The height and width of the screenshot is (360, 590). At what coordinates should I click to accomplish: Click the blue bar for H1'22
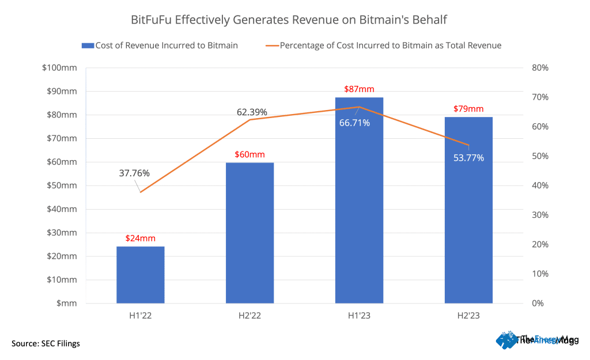(141, 275)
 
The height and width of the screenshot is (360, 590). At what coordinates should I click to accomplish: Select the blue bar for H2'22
(249, 233)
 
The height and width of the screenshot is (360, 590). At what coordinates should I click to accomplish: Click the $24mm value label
(141, 238)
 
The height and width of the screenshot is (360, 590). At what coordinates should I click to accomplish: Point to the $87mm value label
(359, 89)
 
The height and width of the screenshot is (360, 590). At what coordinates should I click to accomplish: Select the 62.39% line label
(252, 112)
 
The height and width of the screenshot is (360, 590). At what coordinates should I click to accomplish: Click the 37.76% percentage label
(134, 173)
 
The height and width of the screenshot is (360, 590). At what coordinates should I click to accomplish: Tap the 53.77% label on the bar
(468, 158)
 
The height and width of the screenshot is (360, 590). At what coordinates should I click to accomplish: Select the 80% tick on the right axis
(540, 68)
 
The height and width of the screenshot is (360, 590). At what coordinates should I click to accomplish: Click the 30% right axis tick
(540, 215)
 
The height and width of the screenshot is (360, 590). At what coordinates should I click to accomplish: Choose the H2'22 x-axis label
(249, 316)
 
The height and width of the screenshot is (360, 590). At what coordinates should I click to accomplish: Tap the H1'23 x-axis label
(359, 316)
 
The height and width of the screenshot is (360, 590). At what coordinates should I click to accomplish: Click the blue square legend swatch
(88, 46)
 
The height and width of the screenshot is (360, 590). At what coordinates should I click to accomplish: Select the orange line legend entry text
(390, 46)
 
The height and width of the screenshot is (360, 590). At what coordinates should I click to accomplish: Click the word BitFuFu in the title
(151, 20)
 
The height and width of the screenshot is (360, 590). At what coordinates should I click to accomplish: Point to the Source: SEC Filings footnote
(46, 343)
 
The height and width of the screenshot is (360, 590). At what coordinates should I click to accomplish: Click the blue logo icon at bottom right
(507, 340)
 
